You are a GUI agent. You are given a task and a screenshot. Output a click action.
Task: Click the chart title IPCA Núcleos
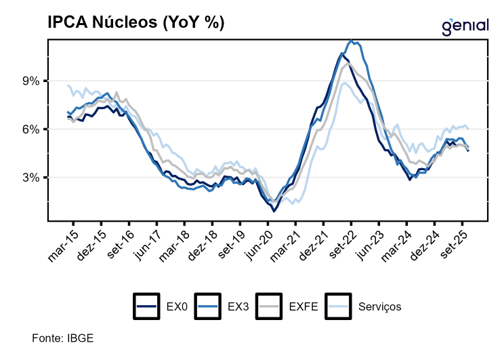click(x=135, y=22)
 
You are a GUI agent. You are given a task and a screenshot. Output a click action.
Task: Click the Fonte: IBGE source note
click(x=62, y=338)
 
